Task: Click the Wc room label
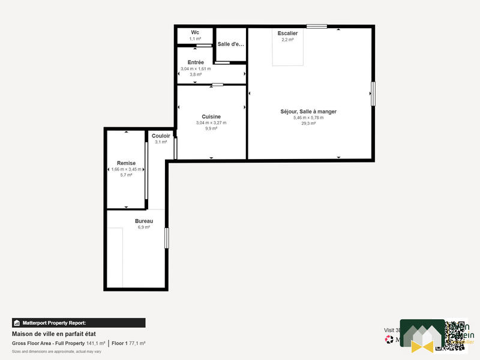pos(195,32)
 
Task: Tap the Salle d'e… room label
pos(231,44)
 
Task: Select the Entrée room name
pos(196,62)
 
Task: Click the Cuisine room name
pos(211,116)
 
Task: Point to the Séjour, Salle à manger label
pos(308,111)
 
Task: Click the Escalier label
pos(287,34)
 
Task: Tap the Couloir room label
pos(161,136)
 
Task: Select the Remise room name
pos(126,163)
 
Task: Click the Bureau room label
pos(143,221)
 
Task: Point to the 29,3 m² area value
pos(308,123)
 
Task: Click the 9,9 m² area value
pos(211,128)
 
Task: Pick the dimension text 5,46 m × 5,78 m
pos(308,118)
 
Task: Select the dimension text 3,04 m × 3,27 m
pos(211,122)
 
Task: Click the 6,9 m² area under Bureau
pos(143,227)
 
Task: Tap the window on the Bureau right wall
pos(167,237)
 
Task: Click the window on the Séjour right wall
pos(373,94)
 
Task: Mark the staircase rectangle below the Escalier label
pos(288,54)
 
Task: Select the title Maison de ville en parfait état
pos(54,334)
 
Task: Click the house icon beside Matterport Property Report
pos(17,323)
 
